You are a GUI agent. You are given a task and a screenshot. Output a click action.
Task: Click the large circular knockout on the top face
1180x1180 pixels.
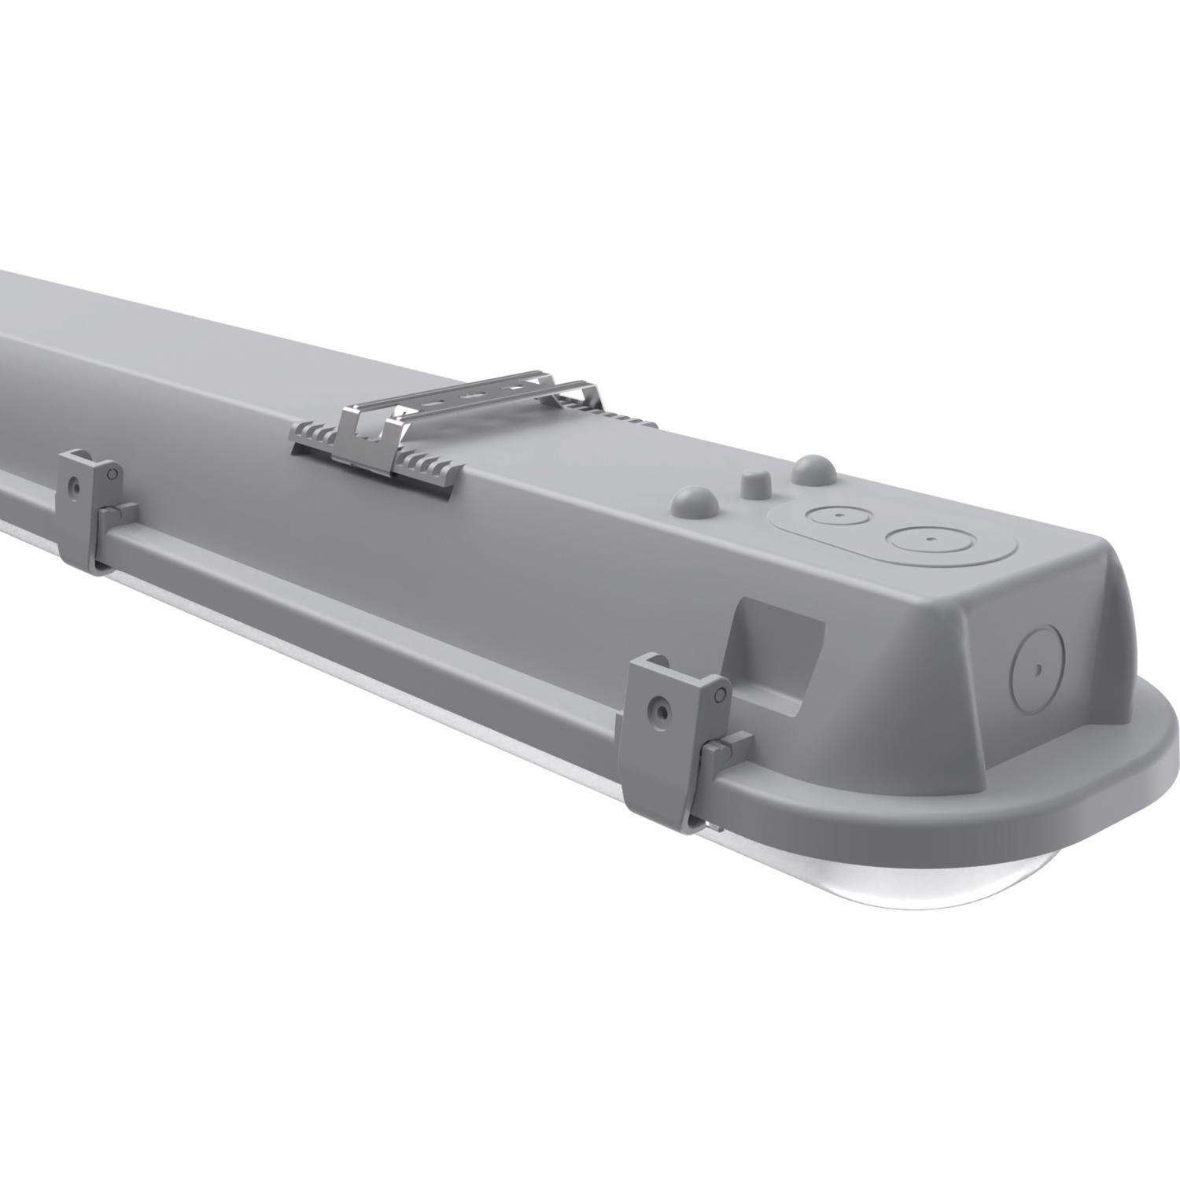point(929,540)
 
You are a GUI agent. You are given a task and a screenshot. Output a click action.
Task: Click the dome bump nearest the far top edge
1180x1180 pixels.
point(810,469)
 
